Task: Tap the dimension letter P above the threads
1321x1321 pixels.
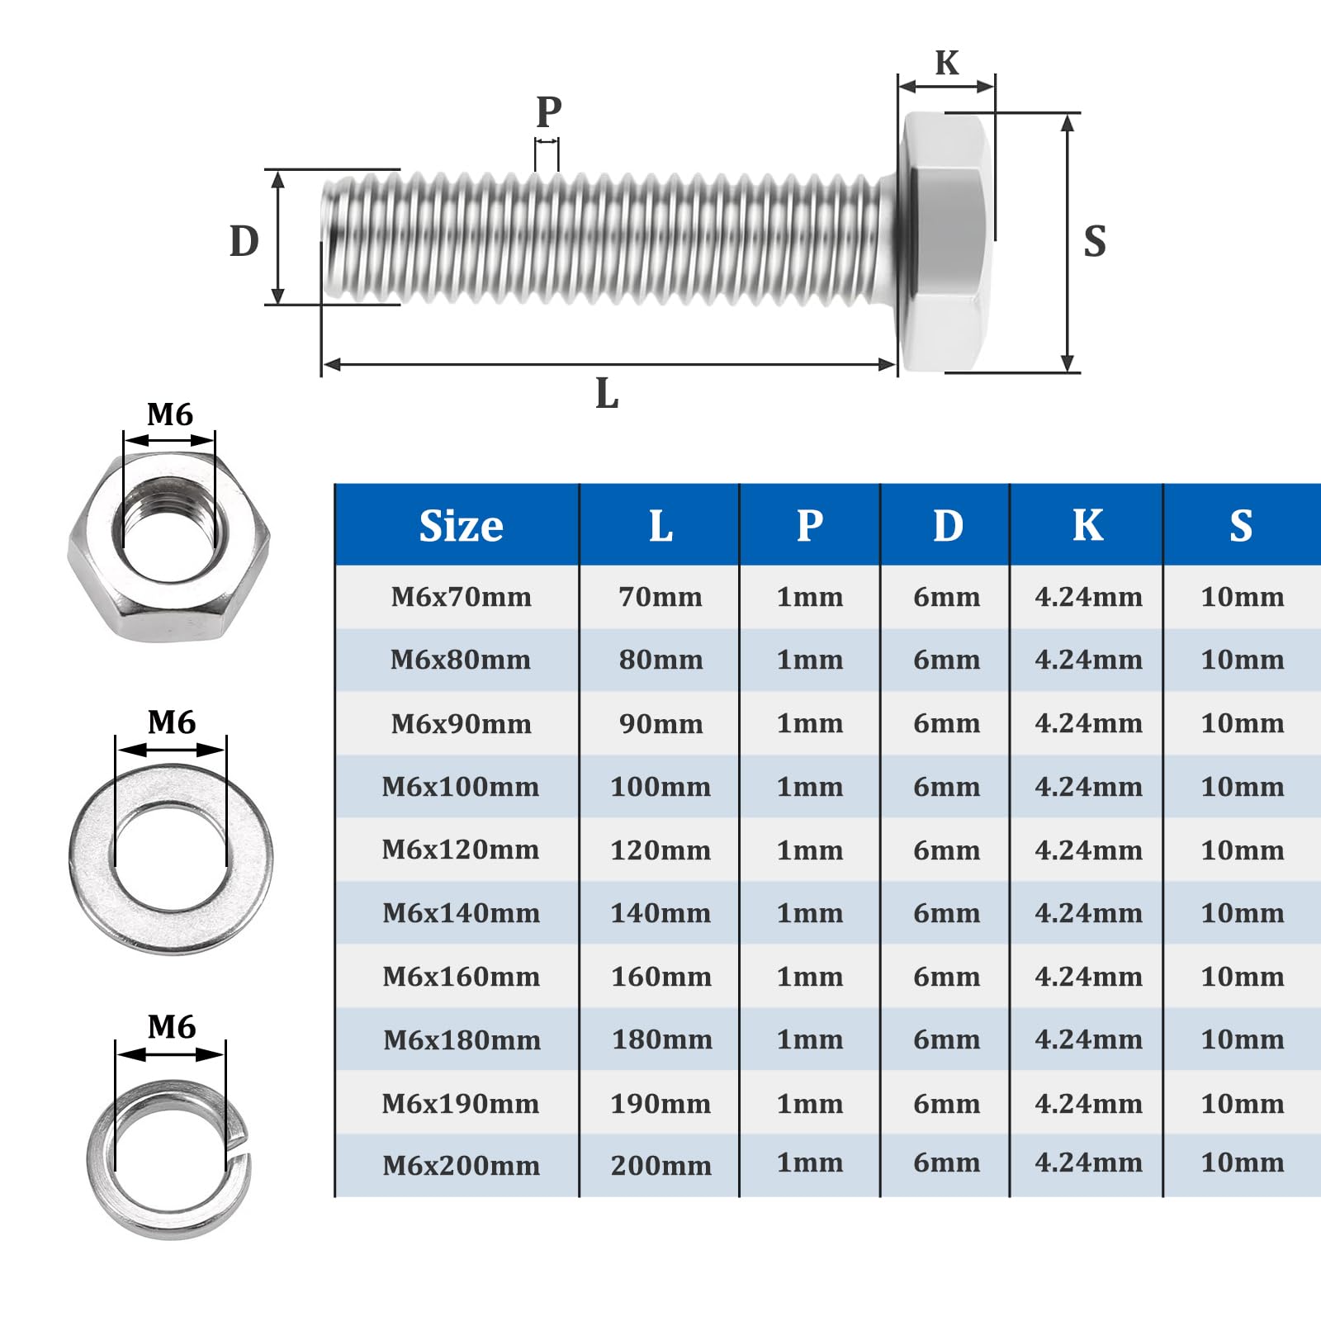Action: pos(549,111)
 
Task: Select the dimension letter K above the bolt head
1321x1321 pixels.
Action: pos(947,63)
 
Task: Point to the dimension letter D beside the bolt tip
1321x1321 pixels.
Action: pos(244,241)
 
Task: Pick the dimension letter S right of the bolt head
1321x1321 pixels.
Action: pos(1095,241)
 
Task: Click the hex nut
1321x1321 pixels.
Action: pos(168,546)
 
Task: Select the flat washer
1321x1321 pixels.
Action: pos(171,859)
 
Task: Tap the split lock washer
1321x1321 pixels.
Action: pos(169,1159)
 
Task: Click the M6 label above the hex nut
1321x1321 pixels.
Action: pos(170,414)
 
